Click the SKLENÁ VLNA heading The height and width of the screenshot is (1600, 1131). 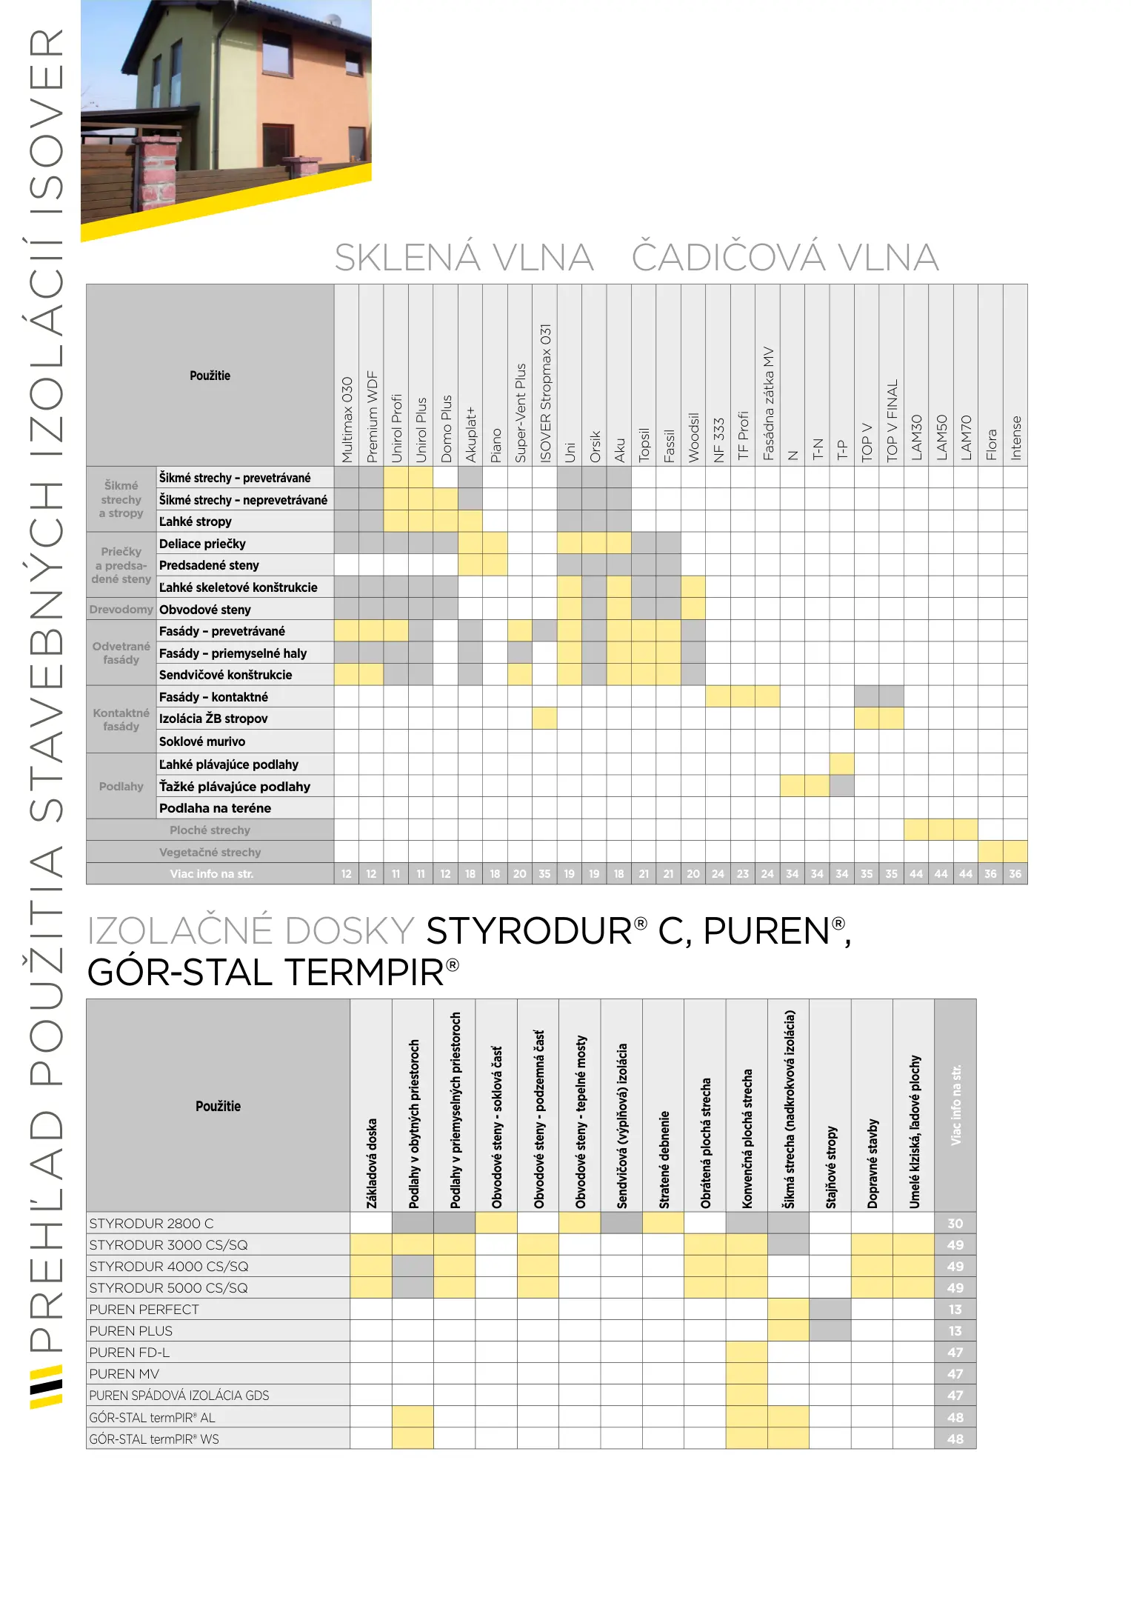464,258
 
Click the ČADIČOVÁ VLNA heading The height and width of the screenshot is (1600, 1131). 785,258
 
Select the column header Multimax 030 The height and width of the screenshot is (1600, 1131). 347,419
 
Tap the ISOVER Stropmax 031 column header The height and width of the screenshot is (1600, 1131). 545,393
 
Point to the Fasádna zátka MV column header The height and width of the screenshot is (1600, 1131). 768,404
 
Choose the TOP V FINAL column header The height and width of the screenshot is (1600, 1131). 892,420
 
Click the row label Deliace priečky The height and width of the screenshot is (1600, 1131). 202,544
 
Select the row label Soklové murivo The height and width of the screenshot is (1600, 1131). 202,741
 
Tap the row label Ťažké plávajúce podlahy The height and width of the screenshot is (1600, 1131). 235,787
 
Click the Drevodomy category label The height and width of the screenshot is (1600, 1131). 121,610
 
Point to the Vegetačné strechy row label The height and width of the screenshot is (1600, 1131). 210,853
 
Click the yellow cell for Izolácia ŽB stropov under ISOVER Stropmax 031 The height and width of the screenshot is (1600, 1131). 544,719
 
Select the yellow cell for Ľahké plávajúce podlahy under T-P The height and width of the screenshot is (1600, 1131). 842,764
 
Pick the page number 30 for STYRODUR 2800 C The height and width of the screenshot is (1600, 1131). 955,1224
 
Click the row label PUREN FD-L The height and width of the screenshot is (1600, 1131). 130,1353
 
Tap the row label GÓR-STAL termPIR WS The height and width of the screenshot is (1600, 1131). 154,1439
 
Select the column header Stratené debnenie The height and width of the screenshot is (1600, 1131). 664,1159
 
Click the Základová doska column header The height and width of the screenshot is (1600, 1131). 372,1163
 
